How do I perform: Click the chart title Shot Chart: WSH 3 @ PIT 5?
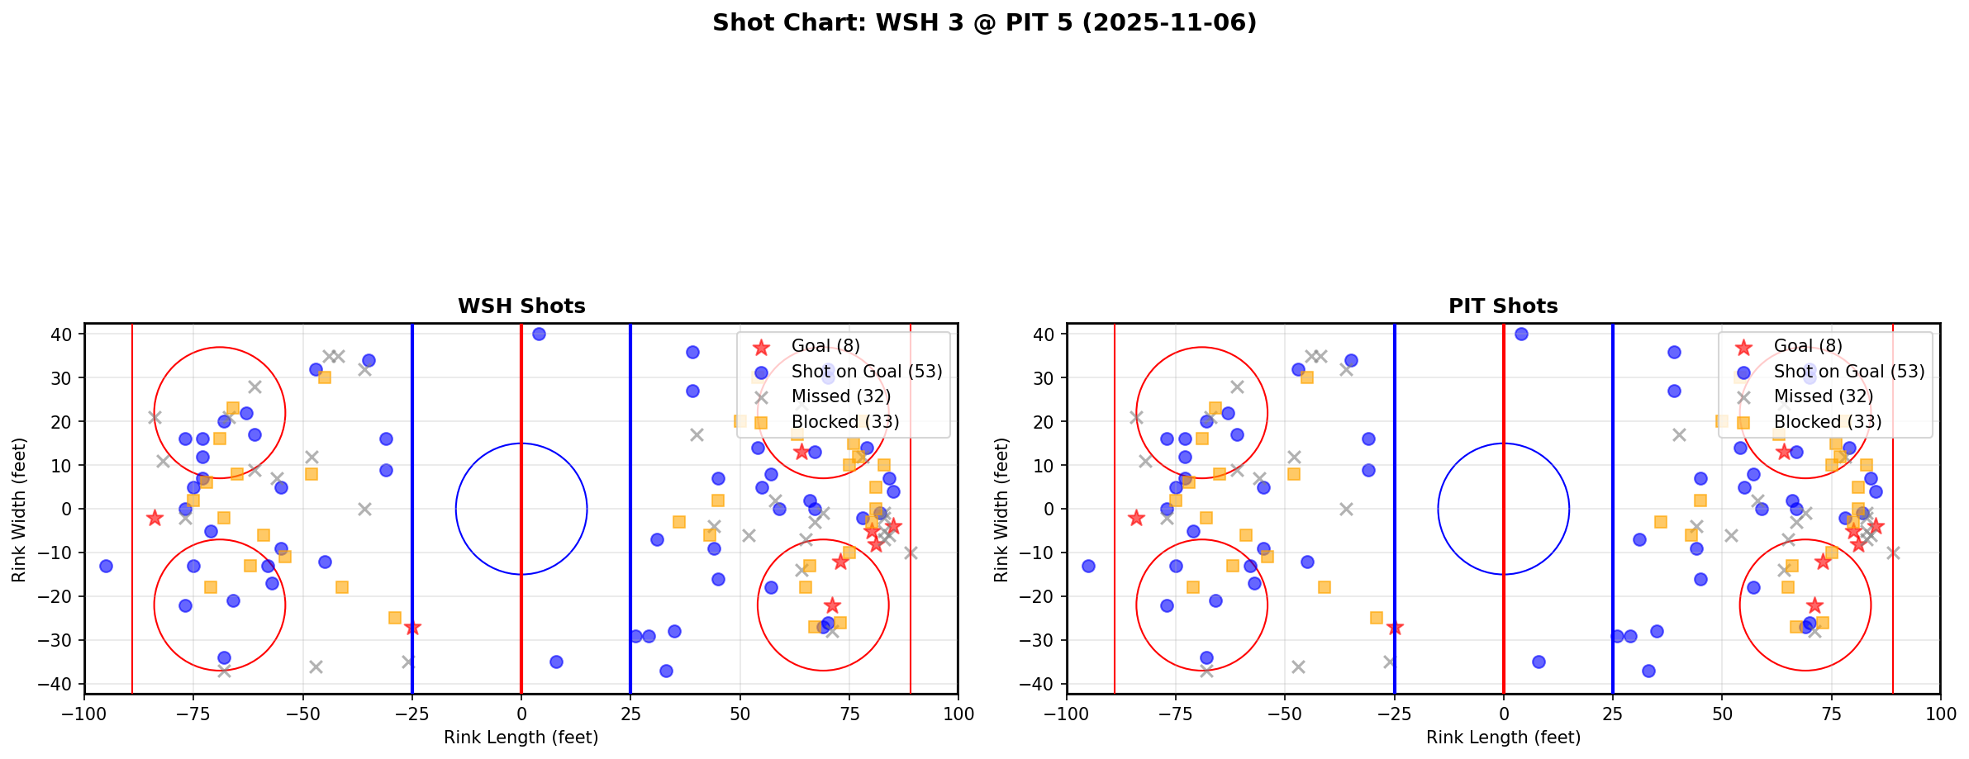[984, 23]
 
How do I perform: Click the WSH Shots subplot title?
[521, 306]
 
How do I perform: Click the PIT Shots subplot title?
[1503, 306]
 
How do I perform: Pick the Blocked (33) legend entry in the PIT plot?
[1828, 422]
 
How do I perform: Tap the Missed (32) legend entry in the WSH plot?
[840, 396]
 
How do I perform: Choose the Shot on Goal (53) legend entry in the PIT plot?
[1849, 372]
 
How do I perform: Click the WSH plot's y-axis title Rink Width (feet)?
[18, 509]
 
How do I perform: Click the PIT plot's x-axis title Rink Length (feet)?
[1503, 738]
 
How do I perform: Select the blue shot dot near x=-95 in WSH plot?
[106, 566]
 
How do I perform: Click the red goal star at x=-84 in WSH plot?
[155, 518]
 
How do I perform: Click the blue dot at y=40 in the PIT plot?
[1521, 334]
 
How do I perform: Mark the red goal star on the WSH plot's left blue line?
[412, 628]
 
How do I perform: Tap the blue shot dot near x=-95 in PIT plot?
[1088, 566]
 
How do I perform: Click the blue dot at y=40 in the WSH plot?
[539, 334]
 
